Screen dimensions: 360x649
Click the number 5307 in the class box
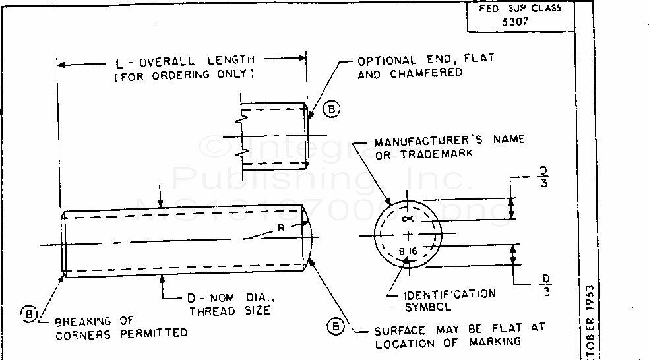coord(516,20)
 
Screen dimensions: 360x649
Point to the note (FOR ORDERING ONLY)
coord(185,75)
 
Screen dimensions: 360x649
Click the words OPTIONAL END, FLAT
coord(425,59)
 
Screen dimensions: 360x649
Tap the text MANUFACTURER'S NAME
coord(450,140)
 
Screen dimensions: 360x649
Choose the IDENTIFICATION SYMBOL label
coord(441,300)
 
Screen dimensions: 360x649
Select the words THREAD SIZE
coord(230,310)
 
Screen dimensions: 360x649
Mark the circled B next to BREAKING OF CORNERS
coord(29,313)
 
